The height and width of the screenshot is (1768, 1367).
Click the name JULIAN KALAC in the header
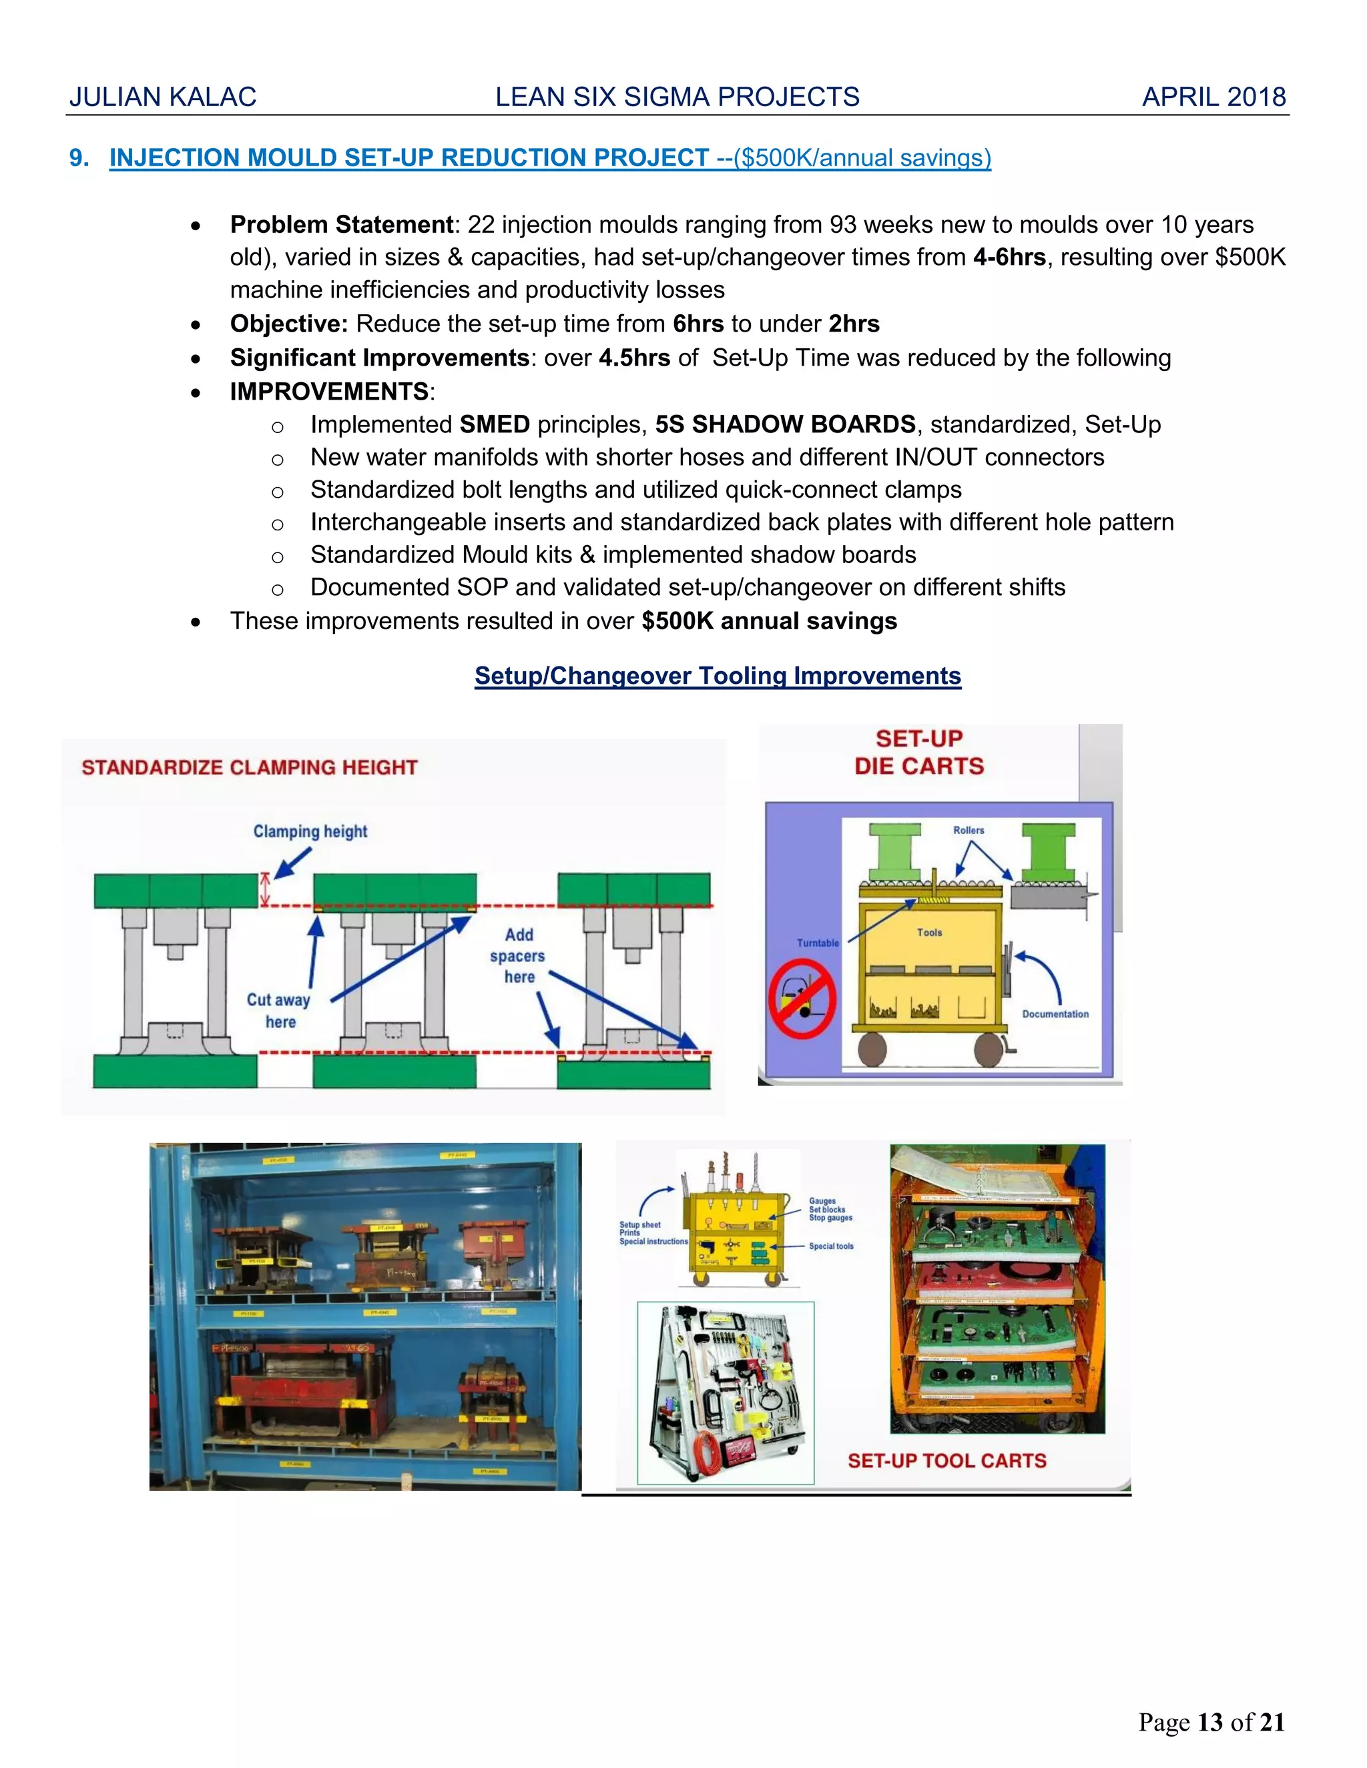[x=163, y=97]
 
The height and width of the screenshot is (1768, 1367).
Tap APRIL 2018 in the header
[x=1213, y=97]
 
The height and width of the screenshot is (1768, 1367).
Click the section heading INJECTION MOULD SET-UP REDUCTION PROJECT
[x=409, y=158]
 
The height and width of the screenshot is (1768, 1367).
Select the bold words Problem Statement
[x=341, y=224]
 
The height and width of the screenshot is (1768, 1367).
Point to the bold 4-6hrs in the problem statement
[x=1009, y=258]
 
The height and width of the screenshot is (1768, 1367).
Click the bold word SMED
[x=494, y=424]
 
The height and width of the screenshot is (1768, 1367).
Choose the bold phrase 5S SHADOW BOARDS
[x=785, y=424]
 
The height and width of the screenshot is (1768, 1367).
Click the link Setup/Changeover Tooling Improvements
[x=718, y=676]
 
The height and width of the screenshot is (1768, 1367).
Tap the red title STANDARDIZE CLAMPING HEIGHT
[x=250, y=767]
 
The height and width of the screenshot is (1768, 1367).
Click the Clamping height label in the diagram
[x=310, y=831]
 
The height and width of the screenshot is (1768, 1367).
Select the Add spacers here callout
[x=518, y=956]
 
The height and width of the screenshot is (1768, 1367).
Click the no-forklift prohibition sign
[x=802, y=999]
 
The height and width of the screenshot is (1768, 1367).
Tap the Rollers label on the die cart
[x=969, y=831]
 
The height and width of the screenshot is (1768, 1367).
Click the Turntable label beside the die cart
[x=818, y=943]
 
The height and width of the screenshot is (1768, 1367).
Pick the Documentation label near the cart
[x=1055, y=1014]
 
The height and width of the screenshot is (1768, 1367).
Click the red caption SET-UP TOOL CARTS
[x=946, y=1461]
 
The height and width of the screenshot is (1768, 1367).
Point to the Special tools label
[x=831, y=1247]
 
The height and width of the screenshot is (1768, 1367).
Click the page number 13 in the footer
[x=1210, y=1723]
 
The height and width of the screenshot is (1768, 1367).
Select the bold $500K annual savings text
[x=770, y=621]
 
